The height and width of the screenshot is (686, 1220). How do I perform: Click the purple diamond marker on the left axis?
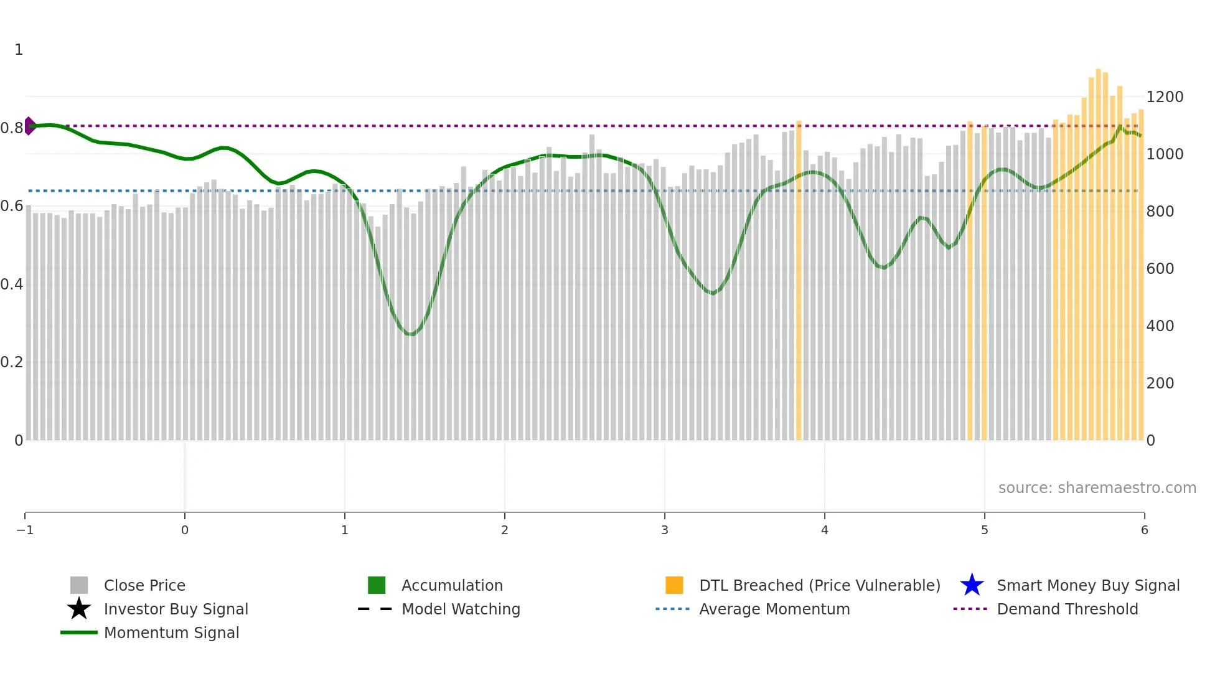29,126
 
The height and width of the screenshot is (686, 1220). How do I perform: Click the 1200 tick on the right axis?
1165,97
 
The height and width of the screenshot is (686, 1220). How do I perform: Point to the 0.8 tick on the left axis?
12,128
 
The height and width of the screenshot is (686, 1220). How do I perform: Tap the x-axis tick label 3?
665,530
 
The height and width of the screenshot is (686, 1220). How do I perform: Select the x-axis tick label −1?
25,530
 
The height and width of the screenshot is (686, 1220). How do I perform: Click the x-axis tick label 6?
1144,530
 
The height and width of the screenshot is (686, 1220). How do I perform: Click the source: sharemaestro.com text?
1097,488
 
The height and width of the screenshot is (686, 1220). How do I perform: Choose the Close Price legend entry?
144,586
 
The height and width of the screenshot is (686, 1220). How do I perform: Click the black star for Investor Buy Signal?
79,609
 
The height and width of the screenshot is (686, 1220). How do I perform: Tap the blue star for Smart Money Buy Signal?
972,585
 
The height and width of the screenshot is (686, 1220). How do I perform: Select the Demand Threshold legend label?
1067,609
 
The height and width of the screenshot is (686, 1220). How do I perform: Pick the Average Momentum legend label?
774,609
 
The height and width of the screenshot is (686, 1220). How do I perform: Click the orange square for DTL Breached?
674,585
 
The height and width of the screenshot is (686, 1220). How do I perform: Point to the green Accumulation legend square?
377,585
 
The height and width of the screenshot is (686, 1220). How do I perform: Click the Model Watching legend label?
461,609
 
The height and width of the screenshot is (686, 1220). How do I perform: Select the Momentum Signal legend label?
171,633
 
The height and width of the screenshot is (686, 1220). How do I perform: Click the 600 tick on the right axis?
1160,269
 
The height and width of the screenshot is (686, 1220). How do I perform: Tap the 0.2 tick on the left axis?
12,362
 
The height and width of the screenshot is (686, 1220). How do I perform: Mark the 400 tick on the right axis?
1160,326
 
